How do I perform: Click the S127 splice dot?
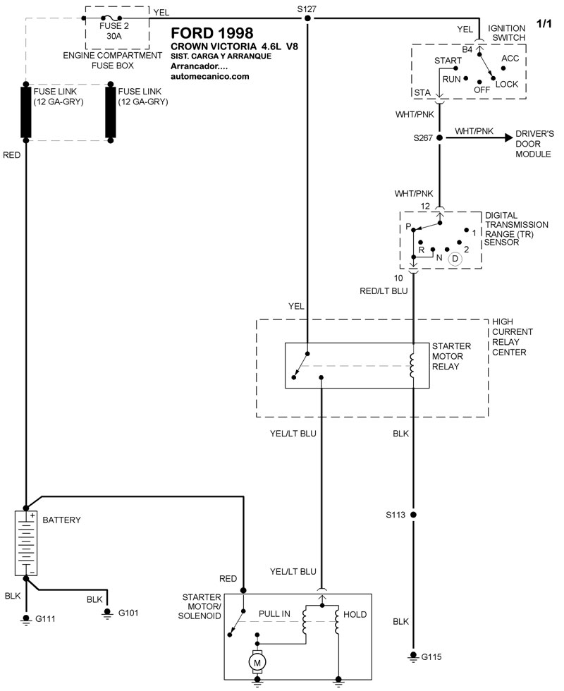[x=308, y=18]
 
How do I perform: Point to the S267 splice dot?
[x=439, y=138]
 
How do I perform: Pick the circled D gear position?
[x=455, y=258]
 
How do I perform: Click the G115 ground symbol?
[x=413, y=657]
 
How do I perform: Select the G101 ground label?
[x=128, y=613]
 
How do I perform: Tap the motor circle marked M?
[x=257, y=662]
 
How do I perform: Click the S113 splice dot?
[x=413, y=515]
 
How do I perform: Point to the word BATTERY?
[x=62, y=520]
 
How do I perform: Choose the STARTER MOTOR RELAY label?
[x=451, y=357]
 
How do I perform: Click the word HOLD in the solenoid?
[x=355, y=615]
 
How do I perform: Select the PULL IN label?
[x=274, y=614]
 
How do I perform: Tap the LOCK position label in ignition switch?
[x=507, y=84]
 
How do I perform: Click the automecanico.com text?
[x=210, y=76]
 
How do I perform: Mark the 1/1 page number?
[x=546, y=24]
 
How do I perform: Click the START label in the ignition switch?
[x=449, y=61]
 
